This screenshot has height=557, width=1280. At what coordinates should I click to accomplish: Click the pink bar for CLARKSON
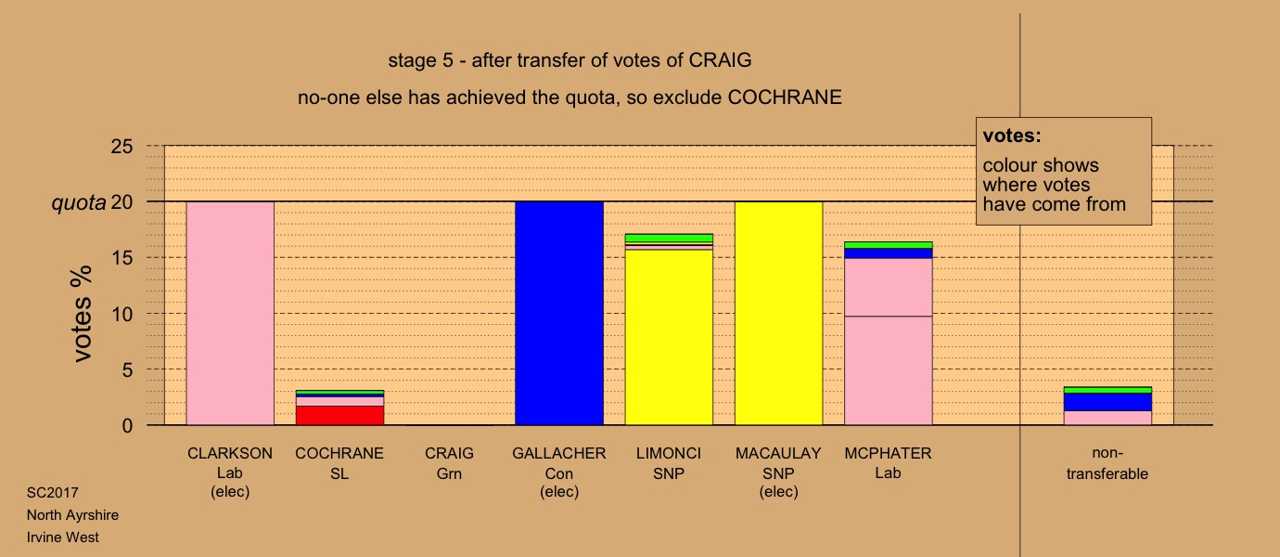230,313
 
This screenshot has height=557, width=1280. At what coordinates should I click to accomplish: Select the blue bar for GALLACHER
559,313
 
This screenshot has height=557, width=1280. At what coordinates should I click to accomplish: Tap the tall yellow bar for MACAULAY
778,313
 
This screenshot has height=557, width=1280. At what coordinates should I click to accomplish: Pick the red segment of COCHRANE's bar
339,415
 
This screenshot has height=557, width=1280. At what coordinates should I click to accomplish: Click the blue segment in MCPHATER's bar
888,253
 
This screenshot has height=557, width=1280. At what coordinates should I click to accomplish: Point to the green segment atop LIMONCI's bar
669,238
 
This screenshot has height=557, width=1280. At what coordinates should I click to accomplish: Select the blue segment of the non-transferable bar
1107,402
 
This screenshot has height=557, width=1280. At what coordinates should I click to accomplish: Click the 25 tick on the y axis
122,147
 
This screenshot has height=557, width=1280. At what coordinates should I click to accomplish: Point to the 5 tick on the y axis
127,370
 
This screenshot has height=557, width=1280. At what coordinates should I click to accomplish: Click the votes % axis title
83,314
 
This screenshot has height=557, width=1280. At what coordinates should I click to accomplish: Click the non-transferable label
1107,463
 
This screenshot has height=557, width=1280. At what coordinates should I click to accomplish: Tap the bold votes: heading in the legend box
1012,136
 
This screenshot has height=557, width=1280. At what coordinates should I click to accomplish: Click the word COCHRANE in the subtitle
785,97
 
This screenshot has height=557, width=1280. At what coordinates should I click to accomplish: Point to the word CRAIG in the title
720,60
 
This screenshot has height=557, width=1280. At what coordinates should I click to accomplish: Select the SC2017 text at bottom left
53,493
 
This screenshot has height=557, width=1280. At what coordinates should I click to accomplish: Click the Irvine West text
63,538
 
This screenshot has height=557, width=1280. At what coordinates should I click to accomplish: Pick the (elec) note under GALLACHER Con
559,492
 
